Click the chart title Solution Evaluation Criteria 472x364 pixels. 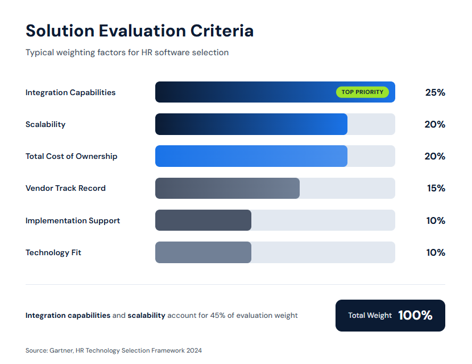(139, 30)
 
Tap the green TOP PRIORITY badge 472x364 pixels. (362, 92)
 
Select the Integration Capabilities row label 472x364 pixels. (71, 92)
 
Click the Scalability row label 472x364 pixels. (45, 124)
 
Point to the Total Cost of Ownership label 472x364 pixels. (72, 156)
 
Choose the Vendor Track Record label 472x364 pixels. (65, 188)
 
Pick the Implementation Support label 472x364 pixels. (73, 220)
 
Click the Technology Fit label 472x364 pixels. (53, 252)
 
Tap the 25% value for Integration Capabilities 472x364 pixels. (435, 92)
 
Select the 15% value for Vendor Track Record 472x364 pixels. (436, 188)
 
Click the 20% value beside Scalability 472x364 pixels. (435, 124)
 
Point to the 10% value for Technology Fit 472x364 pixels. (436, 252)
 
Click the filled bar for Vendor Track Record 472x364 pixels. (227, 188)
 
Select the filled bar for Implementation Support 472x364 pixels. (203, 220)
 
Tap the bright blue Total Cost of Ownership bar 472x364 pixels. (251, 156)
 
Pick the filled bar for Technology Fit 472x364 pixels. (203, 252)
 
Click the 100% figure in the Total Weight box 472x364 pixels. (415, 316)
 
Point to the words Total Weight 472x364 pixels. (370, 316)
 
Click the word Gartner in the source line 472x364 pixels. (61, 350)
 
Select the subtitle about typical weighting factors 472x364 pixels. (127, 52)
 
